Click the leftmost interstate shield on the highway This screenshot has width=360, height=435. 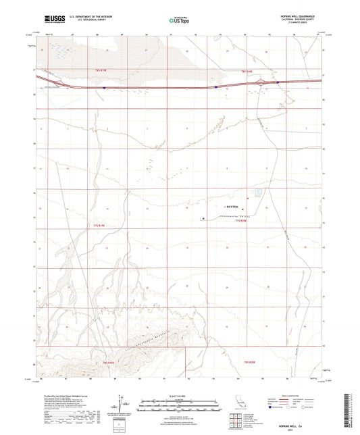(x=104, y=87)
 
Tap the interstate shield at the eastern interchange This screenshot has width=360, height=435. (x=277, y=83)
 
